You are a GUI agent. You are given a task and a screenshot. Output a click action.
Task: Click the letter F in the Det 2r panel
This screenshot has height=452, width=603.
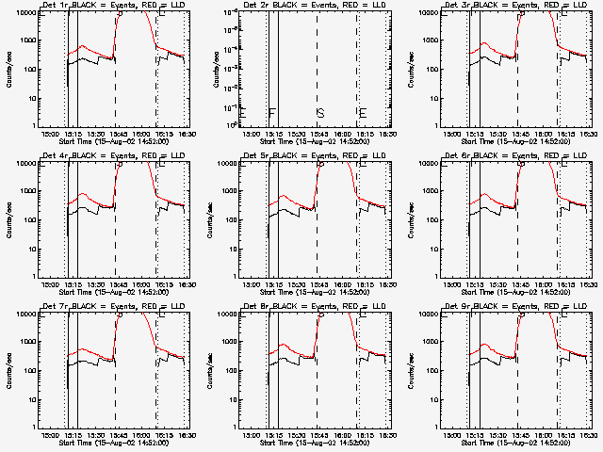pyautogui.click(x=271, y=113)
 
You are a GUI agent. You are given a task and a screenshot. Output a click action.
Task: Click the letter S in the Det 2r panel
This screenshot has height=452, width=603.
pyautogui.click(x=320, y=113)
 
